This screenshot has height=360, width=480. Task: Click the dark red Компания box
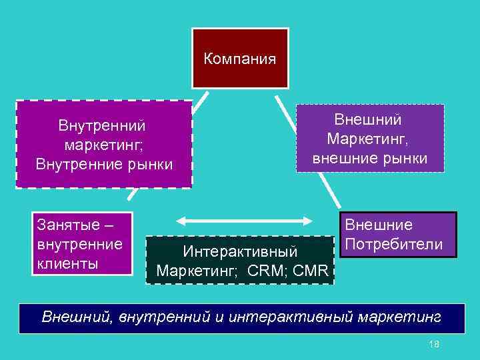point(240,73)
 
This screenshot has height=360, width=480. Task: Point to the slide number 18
point(435,343)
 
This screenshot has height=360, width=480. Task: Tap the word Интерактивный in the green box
point(240,253)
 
